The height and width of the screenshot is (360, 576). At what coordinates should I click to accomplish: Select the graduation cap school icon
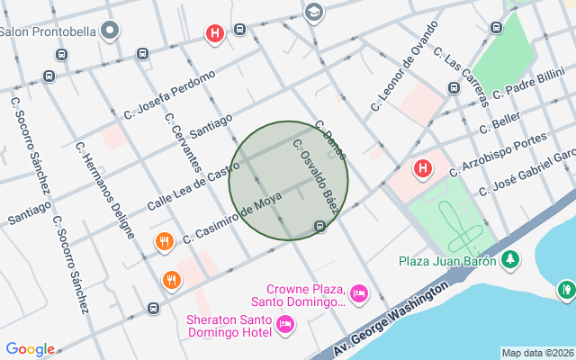(313, 12)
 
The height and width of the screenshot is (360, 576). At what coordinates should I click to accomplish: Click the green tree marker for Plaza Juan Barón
(511, 260)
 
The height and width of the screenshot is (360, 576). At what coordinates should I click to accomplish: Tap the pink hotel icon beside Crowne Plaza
(358, 293)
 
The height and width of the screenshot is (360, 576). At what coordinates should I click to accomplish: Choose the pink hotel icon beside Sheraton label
(285, 324)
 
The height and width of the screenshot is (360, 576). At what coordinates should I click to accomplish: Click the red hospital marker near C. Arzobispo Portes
(422, 168)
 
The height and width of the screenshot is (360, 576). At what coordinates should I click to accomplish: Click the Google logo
(30, 349)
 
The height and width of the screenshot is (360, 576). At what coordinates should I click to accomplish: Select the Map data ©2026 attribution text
(537, 354)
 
